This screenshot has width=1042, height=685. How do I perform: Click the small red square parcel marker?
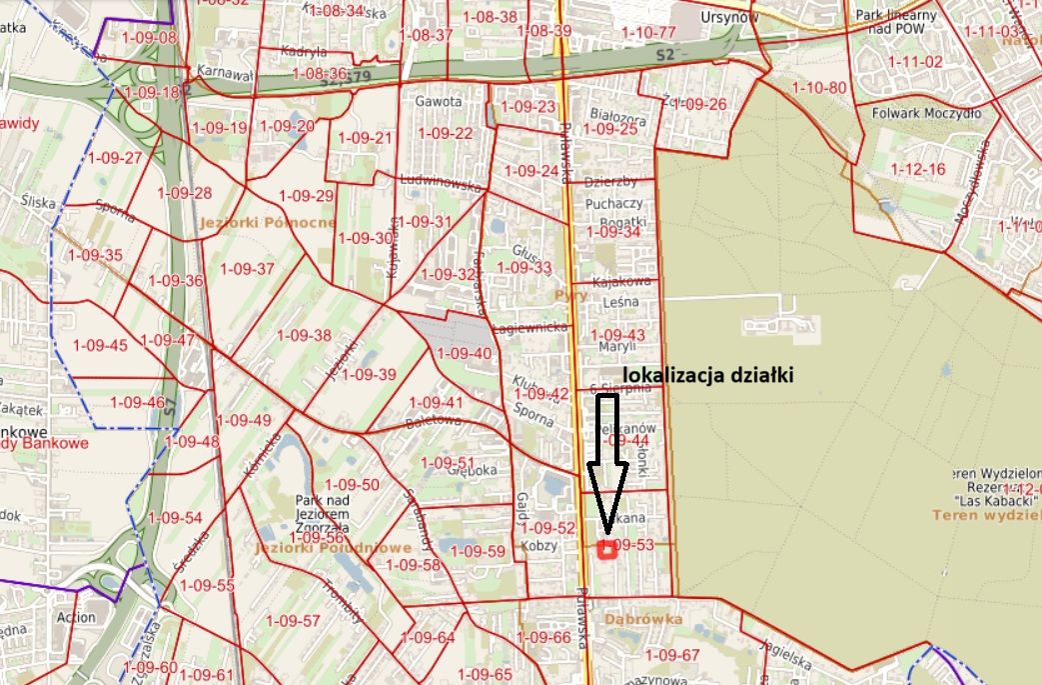coord(605,549)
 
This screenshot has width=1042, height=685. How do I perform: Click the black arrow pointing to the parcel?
coord(606,460)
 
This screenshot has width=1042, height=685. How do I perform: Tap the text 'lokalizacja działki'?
coord(715,375)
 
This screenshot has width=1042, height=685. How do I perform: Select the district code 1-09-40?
coord(465,353)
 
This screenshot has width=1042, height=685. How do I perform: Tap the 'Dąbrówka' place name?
coord(643,619)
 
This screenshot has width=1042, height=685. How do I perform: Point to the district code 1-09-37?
coord(247,268)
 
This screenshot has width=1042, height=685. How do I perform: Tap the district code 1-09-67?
coord(672,655)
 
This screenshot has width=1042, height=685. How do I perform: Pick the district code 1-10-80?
coord(818,88)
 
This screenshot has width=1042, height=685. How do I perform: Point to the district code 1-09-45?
coord(100,345)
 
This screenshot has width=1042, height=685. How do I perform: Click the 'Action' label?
coord(77,618)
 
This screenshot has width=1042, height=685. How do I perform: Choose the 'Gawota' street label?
coord(440,102)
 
